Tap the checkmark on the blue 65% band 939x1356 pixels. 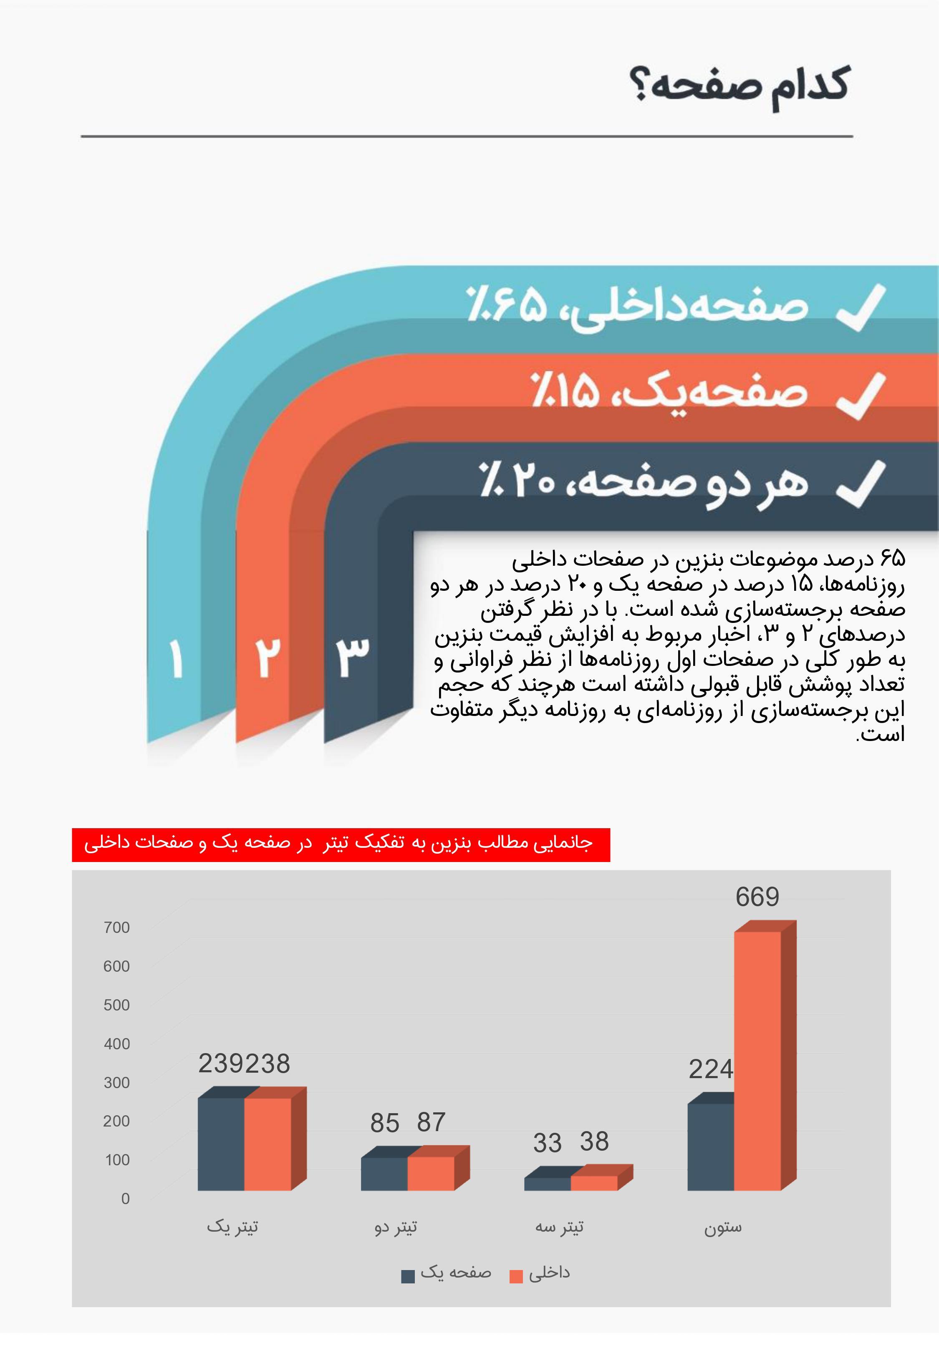[x=860, y=307]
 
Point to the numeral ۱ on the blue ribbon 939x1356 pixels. [x=176, y=658]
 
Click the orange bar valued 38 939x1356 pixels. [x=594, y=1183]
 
